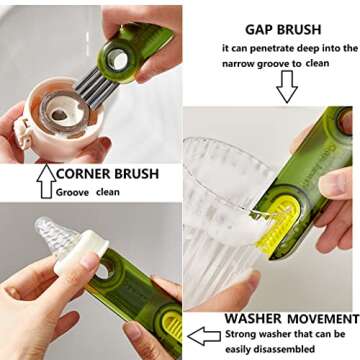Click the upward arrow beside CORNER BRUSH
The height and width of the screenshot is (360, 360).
[44, 179]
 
